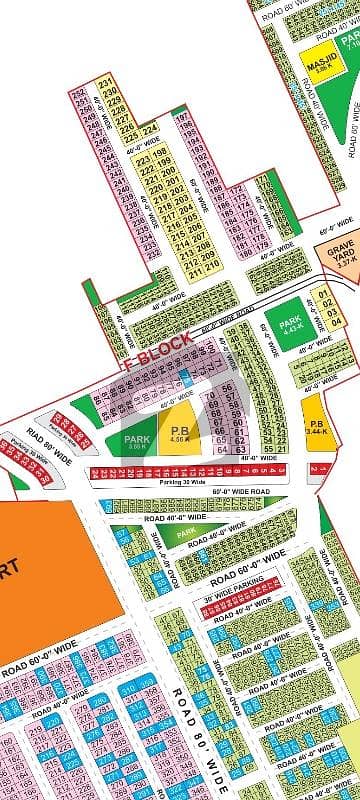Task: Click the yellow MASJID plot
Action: click(x=319, y=63)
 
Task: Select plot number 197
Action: click(x=183, y=118)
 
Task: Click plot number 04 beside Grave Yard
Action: click(x=323, y=321)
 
